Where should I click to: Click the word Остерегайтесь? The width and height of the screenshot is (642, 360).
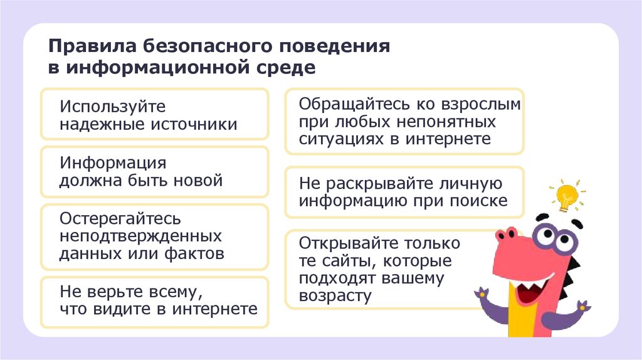click(120, 219)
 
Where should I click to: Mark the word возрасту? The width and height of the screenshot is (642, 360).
click(335, 295)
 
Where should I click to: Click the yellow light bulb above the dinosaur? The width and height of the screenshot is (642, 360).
click(566, 194)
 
